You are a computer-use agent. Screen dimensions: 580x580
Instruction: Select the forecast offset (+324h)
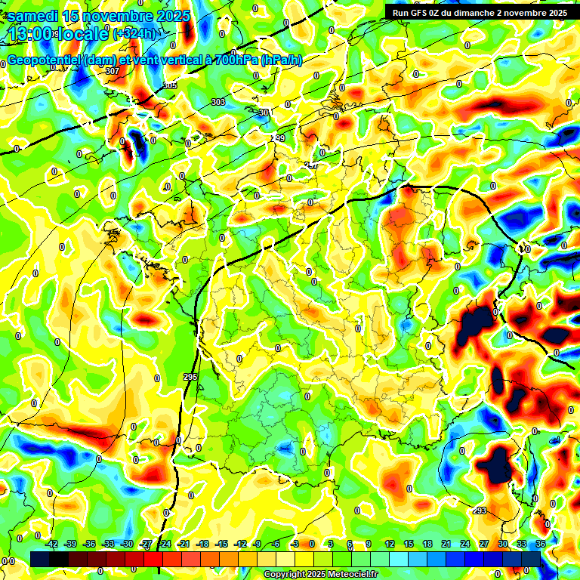click(134, 34)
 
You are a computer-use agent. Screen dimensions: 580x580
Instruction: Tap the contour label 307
click(113, 71)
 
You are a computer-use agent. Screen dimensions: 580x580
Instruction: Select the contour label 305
click(170, 86)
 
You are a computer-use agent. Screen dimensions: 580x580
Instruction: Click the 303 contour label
click(218, 102)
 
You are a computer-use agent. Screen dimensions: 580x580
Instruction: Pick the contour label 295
click(190, 377)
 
